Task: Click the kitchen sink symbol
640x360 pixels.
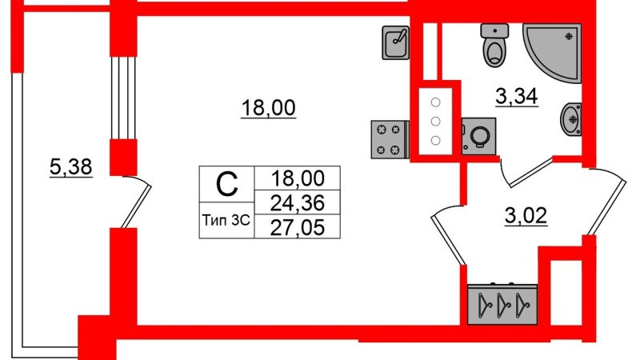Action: click(396, 43)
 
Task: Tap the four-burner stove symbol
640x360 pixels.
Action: click(390, 139)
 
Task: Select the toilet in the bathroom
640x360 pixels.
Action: click(495, 45)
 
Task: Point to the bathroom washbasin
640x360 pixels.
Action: click(571, 119)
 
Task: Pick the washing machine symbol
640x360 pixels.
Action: click(478, 136)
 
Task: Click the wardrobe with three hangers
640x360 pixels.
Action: click(502, 305)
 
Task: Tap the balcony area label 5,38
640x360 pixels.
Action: click(71, 167)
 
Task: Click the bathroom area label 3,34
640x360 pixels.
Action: click(517, 97)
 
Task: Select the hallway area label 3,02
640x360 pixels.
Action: click(526, 216)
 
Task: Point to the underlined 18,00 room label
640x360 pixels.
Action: click(268, 109)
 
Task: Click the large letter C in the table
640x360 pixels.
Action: click(226, 184)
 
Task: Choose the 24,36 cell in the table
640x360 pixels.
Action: click(297, 202)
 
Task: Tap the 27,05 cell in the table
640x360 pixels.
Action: click(297, 227)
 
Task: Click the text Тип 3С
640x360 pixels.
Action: click(226, 221)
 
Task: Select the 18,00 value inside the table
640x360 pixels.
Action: click(298, 178)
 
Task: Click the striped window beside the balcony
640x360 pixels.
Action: click(123, 98)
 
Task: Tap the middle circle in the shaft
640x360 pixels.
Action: click(435, 122)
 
